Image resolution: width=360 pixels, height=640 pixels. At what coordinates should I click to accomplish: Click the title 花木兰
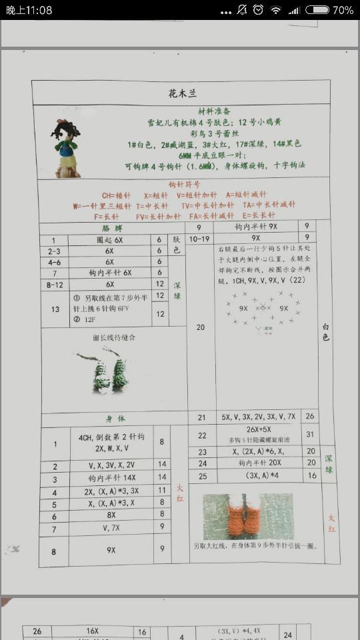(x=182, y=93)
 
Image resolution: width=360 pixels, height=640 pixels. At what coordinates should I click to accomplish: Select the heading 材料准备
(x=215, y=111)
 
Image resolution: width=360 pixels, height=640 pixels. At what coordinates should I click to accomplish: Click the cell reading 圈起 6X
(x=109, y=239)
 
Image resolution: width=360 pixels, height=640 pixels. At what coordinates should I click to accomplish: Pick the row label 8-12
(x=55, y=284)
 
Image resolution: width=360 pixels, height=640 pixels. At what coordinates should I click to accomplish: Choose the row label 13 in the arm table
(x=55, y=309)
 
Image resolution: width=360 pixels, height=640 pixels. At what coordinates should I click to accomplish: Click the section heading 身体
(x=115, y=419)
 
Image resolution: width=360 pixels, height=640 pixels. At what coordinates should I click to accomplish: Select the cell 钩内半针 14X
(x=111, y=477)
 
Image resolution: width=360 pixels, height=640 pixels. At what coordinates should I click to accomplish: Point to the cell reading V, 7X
(x=111, y=528)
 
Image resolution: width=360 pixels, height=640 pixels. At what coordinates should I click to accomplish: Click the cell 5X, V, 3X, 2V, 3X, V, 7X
(x=258, y=417)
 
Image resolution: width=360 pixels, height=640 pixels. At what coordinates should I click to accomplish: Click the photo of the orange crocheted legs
(x=249, y=516)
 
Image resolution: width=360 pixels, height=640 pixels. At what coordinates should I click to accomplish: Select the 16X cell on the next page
(x=92, y=631)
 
